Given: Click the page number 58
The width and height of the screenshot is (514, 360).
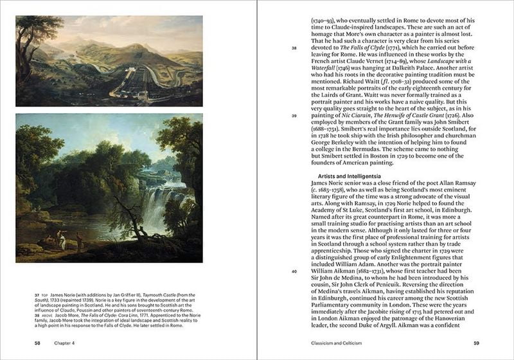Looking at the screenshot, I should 38,343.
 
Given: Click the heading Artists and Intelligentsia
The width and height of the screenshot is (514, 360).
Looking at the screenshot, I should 350,175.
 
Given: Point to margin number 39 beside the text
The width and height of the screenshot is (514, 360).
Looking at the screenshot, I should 294,116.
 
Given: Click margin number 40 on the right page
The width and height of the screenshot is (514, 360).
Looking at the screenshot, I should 294,271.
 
